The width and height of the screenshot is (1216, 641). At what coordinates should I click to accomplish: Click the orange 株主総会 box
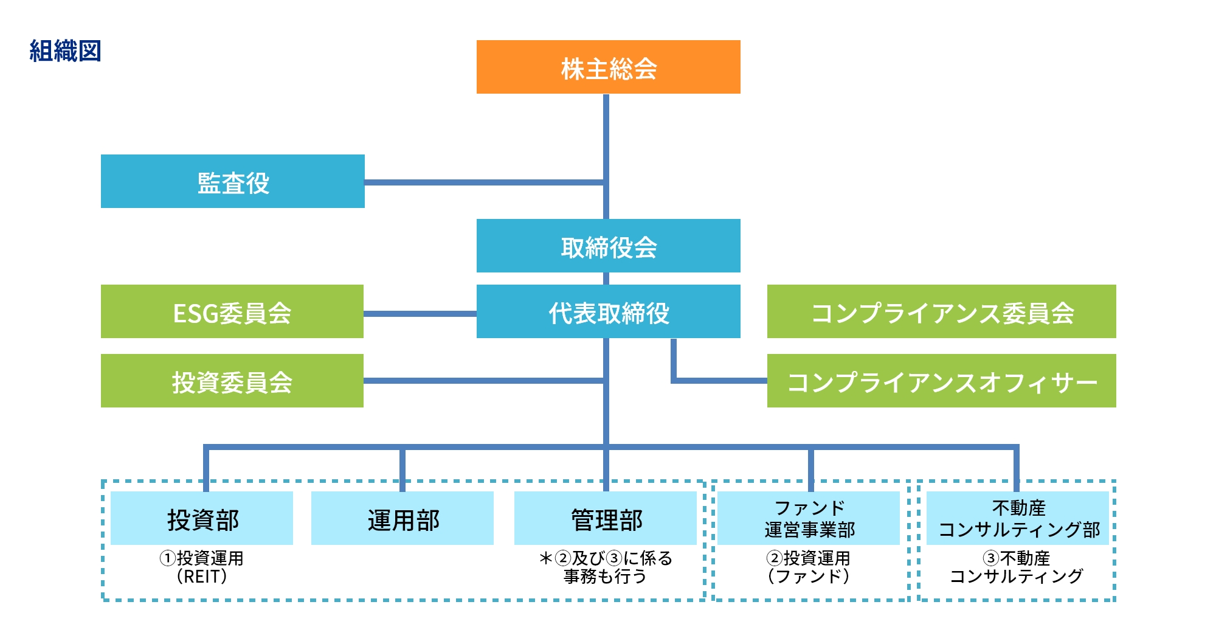click(x=608, y=67)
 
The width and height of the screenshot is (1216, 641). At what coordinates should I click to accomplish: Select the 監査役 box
click(x=233, y=181)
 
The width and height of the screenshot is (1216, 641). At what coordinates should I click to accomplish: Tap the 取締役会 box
click(x=608, y=246)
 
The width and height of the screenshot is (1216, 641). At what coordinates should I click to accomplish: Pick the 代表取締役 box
click(x=608, y=311)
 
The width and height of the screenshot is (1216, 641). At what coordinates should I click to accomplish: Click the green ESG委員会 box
click(x=232, y=311)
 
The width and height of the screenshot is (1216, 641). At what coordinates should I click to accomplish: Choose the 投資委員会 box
click(x=232, y=381)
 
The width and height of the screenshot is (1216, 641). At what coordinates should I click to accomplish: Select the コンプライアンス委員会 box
click(x=942, y=311)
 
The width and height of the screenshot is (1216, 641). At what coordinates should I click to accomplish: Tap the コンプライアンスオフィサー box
click(x=942, y=381)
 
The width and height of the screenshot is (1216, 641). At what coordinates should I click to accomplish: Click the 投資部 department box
click(x=202, y=518)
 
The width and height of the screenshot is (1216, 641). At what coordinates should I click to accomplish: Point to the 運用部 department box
click(x=402, y=518)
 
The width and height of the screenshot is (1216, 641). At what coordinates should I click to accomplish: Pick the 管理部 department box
click(x=606, y=518)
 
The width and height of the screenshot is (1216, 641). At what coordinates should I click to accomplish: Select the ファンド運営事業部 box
click(x=809, y=518)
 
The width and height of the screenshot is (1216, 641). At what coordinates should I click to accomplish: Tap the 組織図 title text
click(x=65, y=51)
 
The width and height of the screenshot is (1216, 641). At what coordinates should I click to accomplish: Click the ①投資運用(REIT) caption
click(x=201, y=567)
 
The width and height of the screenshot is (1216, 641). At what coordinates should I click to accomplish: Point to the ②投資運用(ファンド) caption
click(x=808, y=567)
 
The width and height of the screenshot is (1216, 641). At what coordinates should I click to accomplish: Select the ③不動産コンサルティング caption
click(x=1017, y=567)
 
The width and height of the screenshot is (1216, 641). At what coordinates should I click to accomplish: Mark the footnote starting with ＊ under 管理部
click(x=606, y=567)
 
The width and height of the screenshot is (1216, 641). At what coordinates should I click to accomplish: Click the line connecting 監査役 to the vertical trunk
click(x=485, y=182)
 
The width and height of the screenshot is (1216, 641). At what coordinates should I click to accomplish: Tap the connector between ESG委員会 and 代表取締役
click(x=420, y=314)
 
